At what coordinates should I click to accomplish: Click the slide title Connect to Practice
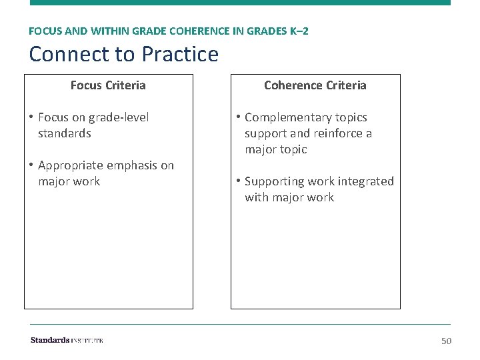123,54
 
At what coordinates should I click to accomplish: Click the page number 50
446,341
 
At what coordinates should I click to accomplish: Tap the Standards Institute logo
67,341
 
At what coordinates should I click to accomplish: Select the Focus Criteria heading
108,85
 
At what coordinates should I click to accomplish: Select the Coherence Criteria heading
315,85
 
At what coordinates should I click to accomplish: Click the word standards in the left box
64,133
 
